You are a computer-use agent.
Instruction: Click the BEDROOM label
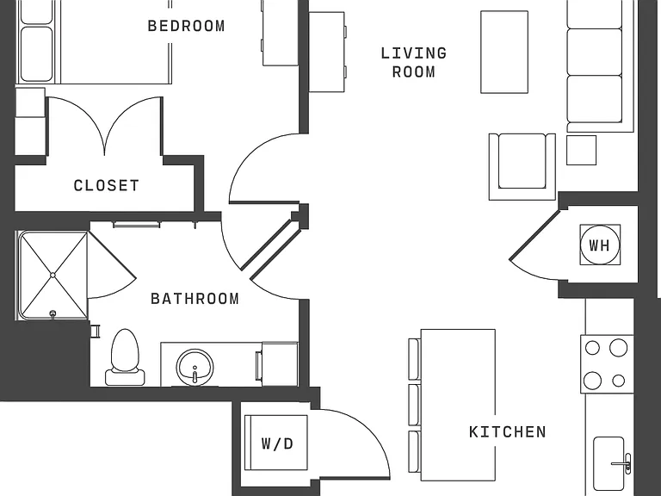[x=186, y=26]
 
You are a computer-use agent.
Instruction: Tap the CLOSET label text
[x=106, y=186]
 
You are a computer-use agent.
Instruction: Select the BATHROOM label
[x=195, y=299]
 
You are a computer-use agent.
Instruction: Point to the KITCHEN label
[x=508, y=432]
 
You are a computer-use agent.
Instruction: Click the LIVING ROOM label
[x=413, y=62]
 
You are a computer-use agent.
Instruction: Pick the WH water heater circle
[x=600, y=245]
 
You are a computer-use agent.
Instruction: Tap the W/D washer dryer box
[x=276, y=443]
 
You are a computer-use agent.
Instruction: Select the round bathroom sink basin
[x=195, y=367]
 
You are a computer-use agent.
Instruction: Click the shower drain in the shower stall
[x=53, y=313]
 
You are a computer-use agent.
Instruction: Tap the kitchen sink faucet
[x=623, y=463]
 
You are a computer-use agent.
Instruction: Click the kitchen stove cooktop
[x=607, y=364]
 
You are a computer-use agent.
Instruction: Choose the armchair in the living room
[x=522, y=166]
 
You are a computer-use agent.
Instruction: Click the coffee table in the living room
[x=504, y=52]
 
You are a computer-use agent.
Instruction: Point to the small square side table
[x=581, y=150]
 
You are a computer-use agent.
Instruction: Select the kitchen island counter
[x=458, y=405]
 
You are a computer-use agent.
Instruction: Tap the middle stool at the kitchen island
[x=414, y=405]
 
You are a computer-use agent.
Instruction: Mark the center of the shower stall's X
[x=53, y=275]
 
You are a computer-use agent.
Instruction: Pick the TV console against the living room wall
[x=327, y=52]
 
